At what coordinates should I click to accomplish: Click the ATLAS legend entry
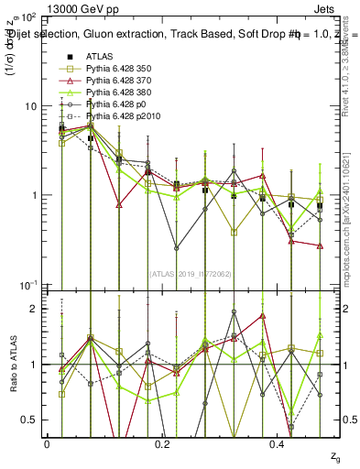point(99,56)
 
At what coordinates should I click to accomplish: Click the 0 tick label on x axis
point(46,443)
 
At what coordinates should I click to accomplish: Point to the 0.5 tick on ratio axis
point(33,420)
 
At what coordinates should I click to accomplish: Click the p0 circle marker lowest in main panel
point(176,247)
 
